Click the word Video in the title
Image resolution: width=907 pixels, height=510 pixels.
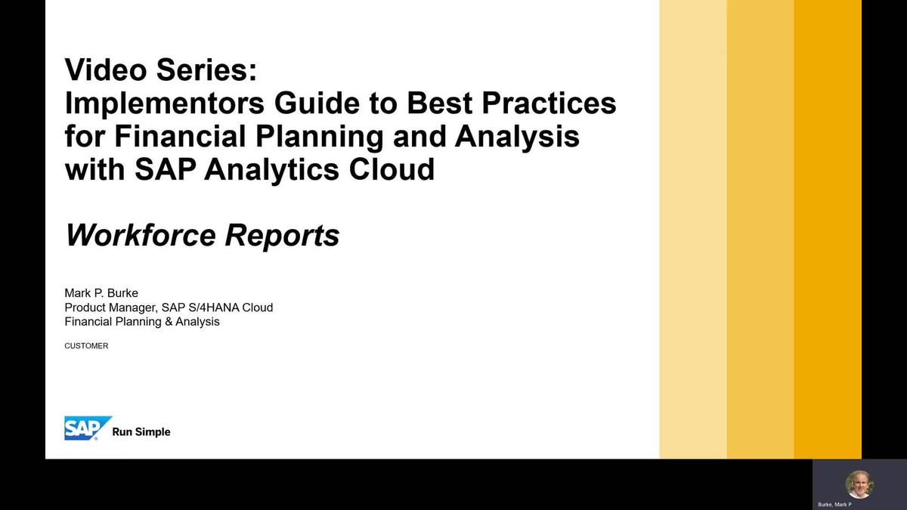(105, 70)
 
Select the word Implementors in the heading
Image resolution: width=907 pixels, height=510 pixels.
(165, 104)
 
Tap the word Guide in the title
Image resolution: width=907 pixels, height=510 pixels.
(317, 103)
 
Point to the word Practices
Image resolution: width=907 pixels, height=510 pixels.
(549, 103)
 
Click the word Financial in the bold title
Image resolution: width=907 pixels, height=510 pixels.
(180, 136)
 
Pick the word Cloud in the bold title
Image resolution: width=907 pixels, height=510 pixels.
(392, 169)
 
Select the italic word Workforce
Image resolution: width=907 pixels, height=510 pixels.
(141, 235)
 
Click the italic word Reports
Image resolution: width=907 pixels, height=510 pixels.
(282, 236)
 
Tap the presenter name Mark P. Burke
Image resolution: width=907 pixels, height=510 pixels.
(101, 293)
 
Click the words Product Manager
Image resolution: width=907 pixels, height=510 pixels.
(110, 308)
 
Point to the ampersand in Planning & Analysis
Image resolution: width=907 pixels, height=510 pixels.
(169, 322)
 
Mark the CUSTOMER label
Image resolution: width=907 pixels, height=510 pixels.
(86, 346)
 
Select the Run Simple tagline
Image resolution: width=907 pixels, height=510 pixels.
(141, 432)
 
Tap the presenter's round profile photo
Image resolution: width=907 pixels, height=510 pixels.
(859, 484)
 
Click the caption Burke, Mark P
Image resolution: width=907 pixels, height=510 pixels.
(834, 505)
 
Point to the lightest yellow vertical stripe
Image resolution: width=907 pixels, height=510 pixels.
(693, 229)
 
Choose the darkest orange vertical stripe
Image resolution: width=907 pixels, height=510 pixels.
(828, 229)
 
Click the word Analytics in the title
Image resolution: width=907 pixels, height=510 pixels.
(271, 170)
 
